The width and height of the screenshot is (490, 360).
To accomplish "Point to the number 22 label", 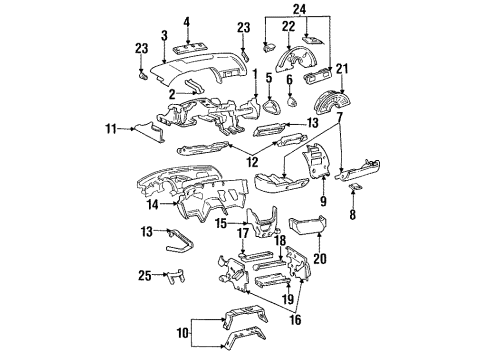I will (x=287, y=26).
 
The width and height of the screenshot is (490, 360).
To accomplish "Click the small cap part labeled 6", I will (x=290, y=100).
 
